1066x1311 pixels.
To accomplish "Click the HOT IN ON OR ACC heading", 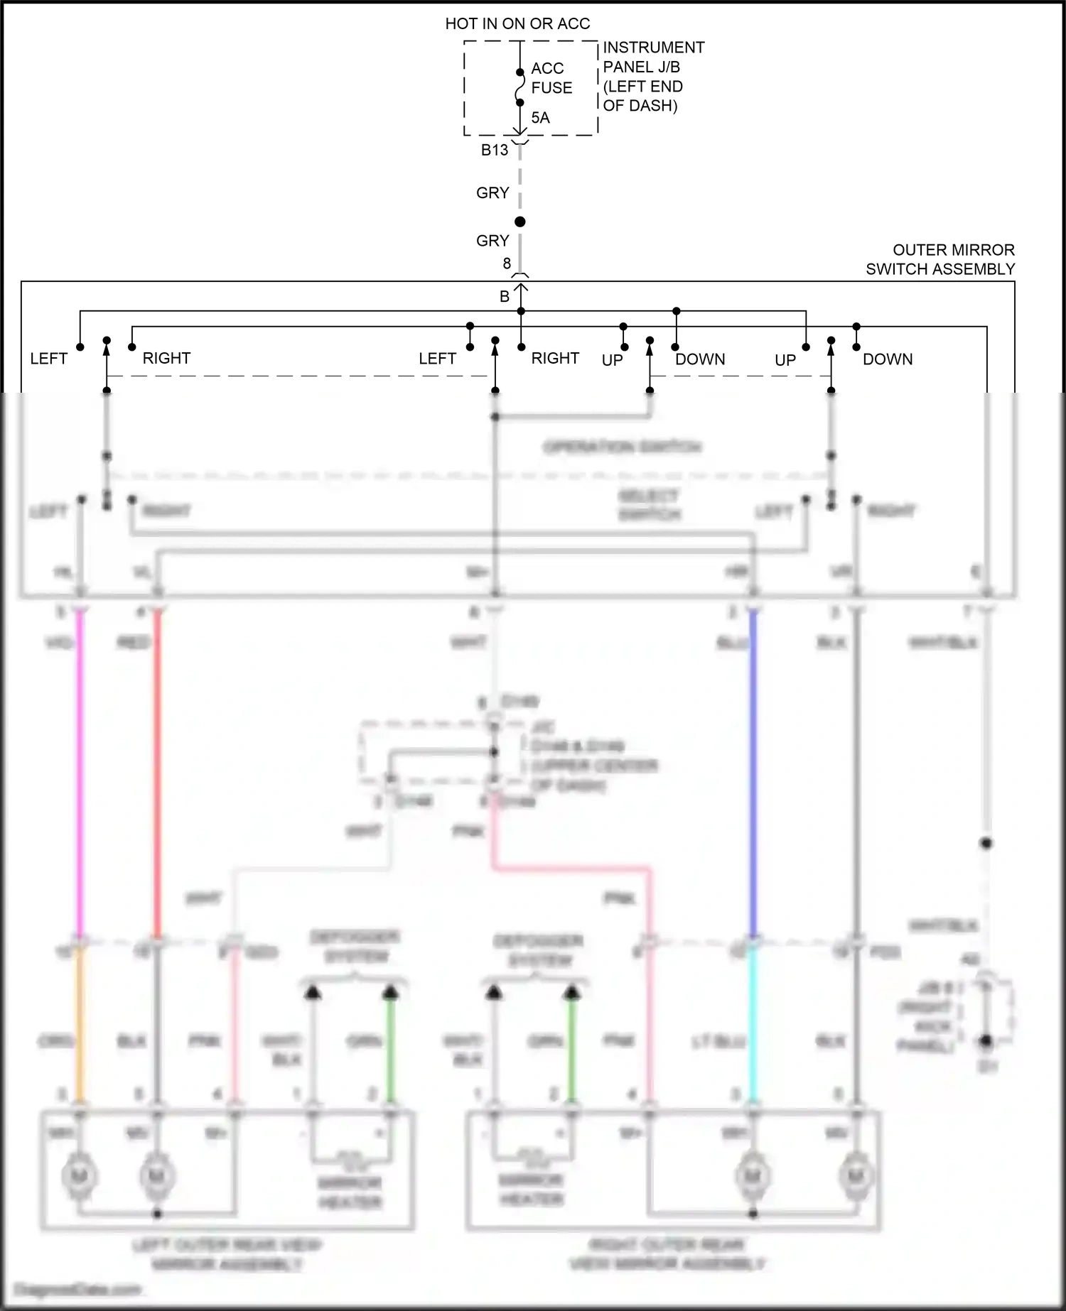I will (517, 24).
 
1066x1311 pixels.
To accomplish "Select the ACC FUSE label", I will (551, 78).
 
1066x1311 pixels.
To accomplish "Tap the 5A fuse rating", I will (540, 118).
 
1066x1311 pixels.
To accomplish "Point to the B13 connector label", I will (495, 150).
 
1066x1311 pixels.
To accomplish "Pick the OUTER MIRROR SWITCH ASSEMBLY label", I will (940, 259).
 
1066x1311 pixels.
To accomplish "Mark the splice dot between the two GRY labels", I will (520, 222).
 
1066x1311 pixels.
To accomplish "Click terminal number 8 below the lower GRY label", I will (507, 263).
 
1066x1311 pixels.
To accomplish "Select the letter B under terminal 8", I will (505, 297).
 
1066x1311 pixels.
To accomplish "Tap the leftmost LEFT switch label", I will (48, 359).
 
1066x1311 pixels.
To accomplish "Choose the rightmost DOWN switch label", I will (888, 359).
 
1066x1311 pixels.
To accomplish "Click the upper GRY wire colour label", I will (492, 193).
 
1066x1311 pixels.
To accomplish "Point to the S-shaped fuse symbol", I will (520, 87).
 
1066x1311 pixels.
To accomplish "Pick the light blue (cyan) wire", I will (753, 1023).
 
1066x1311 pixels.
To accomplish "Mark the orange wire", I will (80, 1023).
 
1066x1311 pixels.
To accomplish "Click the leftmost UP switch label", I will (612, 360).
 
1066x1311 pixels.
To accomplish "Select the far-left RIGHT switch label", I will (166, 358).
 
